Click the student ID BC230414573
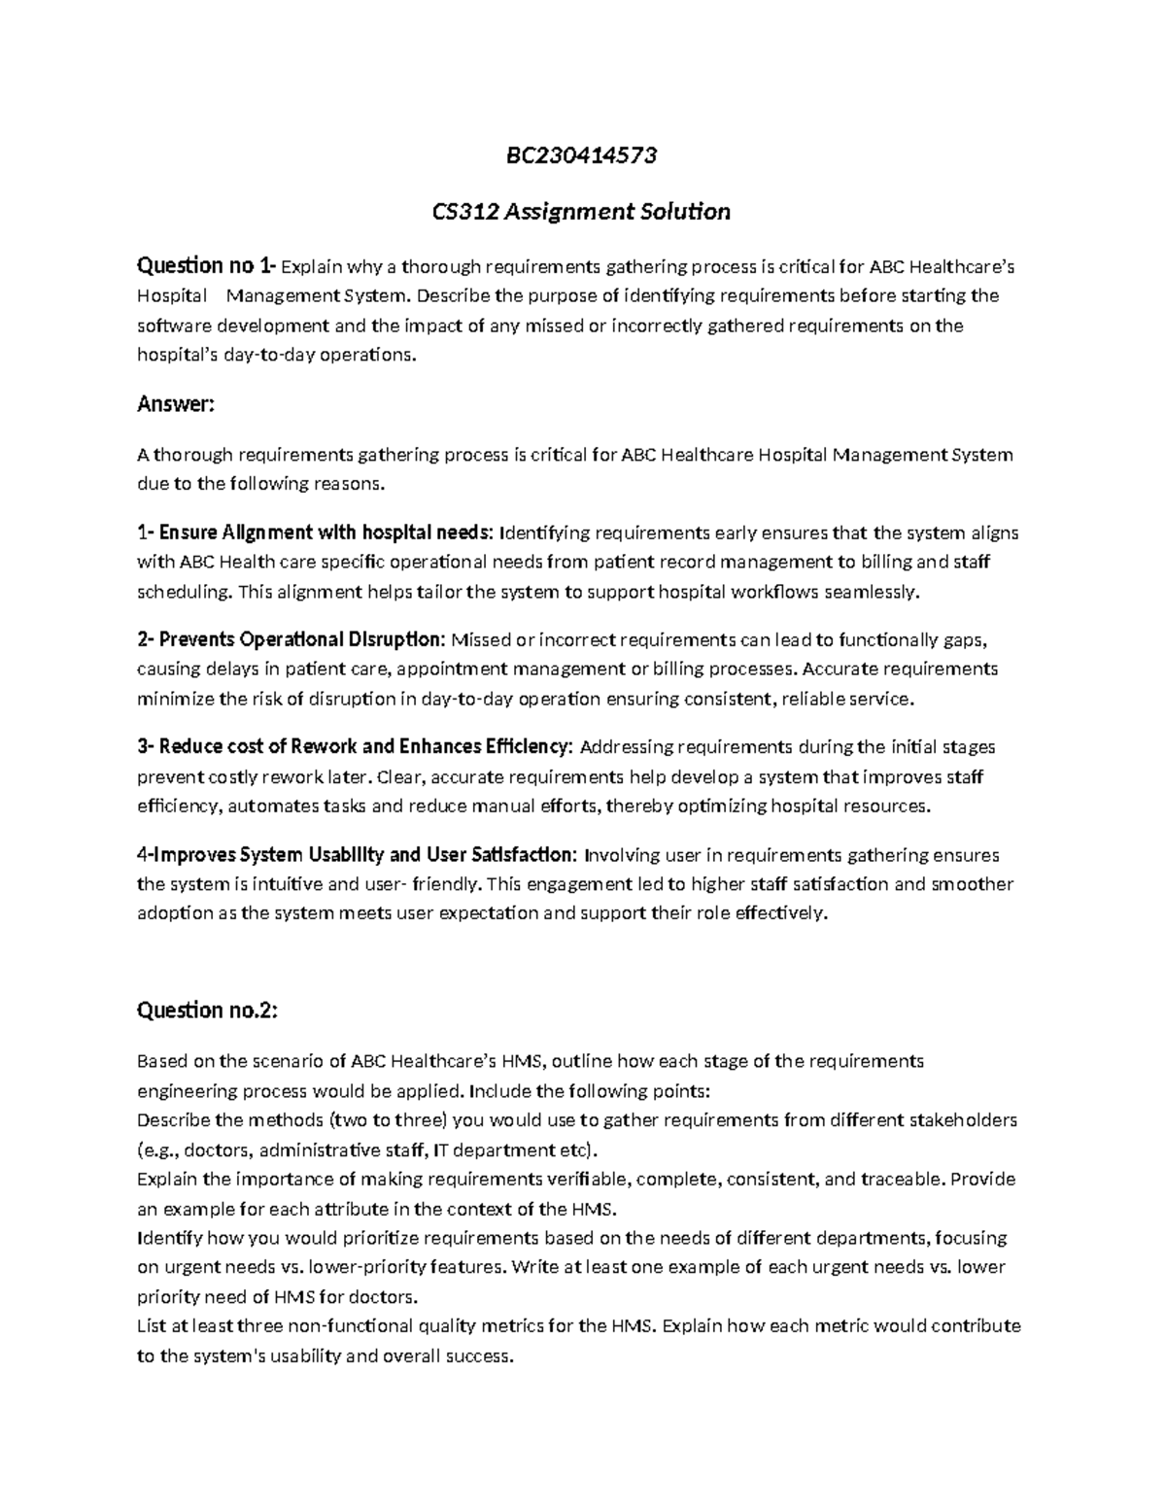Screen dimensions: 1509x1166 pos(581,155)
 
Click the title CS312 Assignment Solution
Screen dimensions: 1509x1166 pos(581,211)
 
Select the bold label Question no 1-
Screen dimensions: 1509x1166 pos(207,265)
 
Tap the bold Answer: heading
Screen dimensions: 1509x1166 pos(175,403)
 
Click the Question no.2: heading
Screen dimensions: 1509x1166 pos(207,1011)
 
